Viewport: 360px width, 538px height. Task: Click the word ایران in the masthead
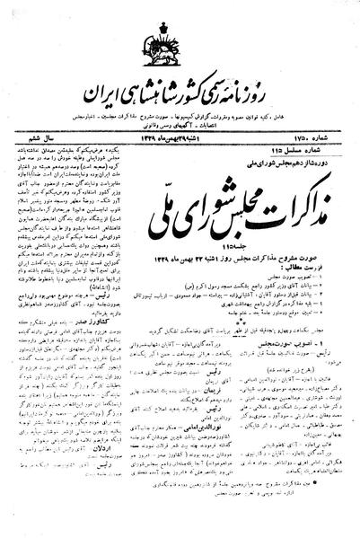[x=110, y=93]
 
